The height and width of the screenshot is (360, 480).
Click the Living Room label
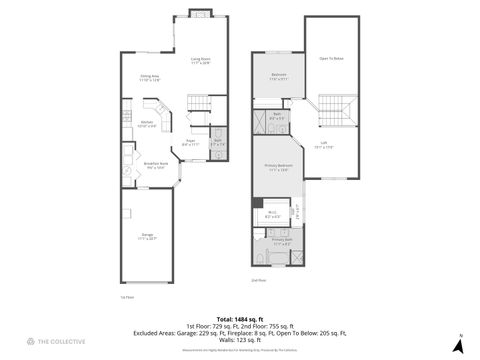point(200,59)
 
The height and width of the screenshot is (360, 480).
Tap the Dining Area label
point(151,76)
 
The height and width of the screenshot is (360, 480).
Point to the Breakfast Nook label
point(156,165)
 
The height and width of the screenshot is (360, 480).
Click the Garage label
point(147,236)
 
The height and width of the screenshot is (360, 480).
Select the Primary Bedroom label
point(278,167)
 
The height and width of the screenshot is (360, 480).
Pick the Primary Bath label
point(281,241)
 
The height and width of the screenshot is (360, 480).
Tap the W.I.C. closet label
point(273,212)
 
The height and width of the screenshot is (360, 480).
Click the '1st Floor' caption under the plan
point(126,297)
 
